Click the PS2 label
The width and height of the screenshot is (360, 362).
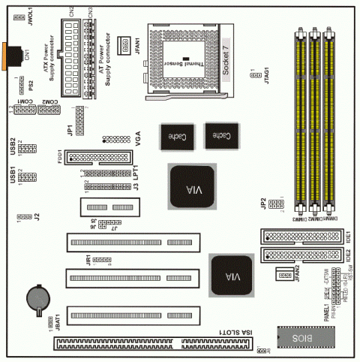pyautogui.click(x=32, y=83)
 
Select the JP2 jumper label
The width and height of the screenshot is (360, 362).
pyautogui.click(x=264, y=203)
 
